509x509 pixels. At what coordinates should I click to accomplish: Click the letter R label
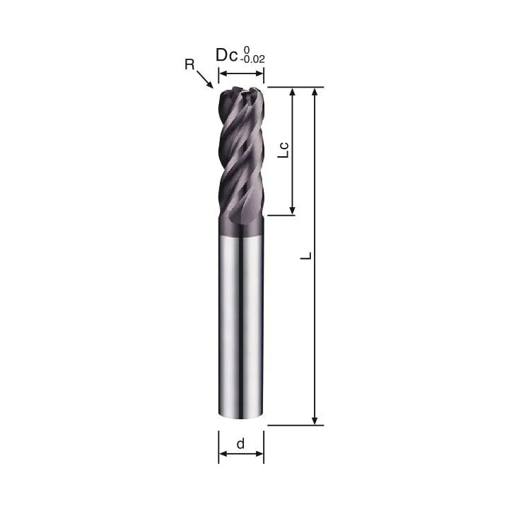coord(189,64)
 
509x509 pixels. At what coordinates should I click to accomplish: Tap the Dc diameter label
coord(227,55)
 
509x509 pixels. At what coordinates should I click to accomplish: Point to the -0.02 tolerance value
coord(252,59)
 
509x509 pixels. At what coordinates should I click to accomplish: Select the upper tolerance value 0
coord(247,49)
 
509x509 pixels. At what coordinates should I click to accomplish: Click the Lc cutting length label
coord(283,150)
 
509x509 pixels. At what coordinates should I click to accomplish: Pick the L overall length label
coord(306,255)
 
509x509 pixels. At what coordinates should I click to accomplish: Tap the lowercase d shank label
coord(240,443)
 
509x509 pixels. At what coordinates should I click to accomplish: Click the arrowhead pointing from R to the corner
coord(210,85)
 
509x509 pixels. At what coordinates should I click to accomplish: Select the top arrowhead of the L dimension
coord(314,92)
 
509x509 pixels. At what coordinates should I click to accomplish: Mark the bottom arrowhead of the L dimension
coord(314,420)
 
